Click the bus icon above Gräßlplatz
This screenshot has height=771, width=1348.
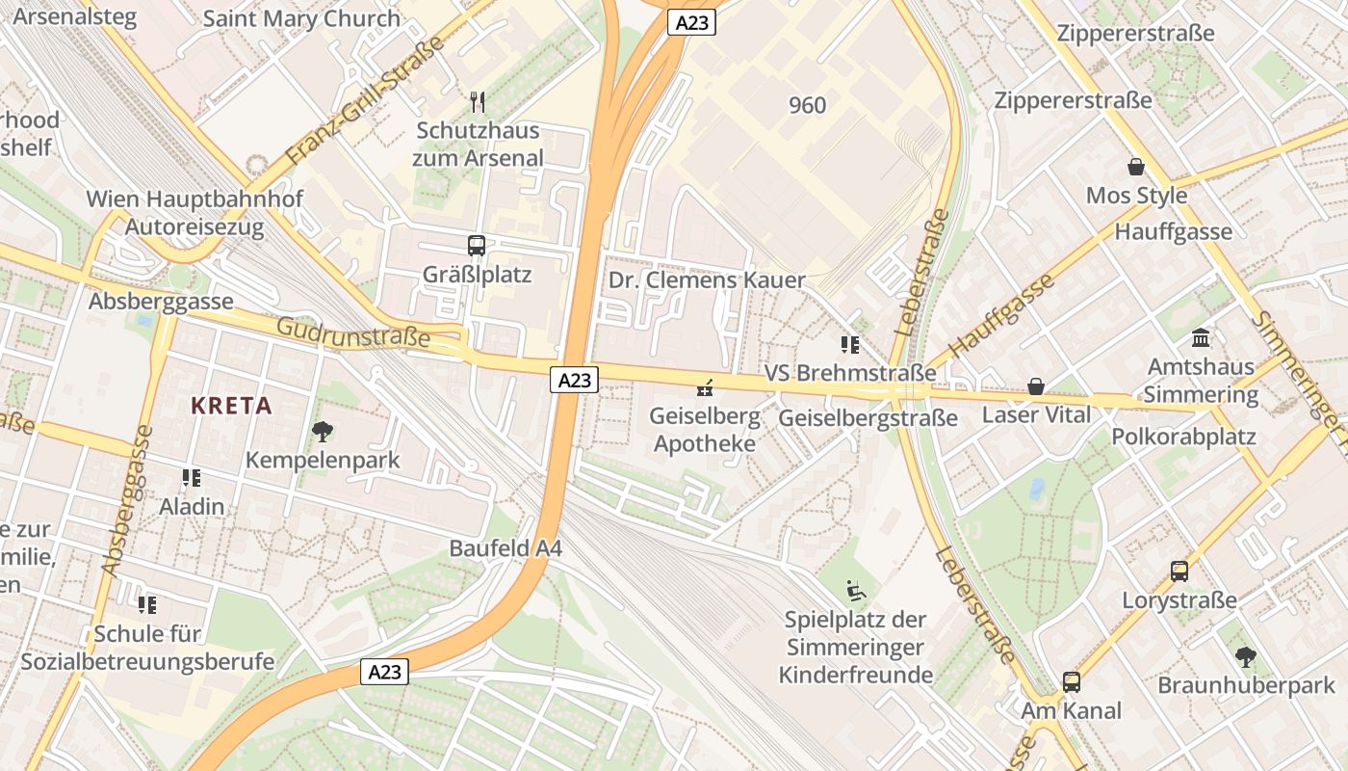[x=476, y=246]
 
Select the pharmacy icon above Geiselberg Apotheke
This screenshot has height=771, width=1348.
[x=705, y=388]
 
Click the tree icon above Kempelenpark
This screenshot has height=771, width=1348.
[x=322, y=432]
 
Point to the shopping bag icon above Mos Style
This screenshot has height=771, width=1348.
[x=1136, y=167]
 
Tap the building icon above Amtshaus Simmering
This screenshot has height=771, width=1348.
[x=1201, y=338]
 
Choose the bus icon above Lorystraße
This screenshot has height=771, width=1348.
[x=1179, y=572]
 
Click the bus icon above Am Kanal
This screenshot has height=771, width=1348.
[x=1071, y=682]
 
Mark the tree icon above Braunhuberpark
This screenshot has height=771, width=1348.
[x=1246, y=657]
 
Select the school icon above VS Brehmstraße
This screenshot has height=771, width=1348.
[x=849, y=344]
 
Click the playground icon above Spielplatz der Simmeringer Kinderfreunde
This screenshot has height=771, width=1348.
[x=855, y=590]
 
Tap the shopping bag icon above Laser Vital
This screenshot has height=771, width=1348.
[x=1036, y=386]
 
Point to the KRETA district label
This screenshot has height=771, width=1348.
[x=231, y=406]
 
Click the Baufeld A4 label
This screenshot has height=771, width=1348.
[x=505, y=548]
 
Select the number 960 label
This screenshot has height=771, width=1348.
[x=807, y=105]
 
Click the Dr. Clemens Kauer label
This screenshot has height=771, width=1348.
[x=707, y=280]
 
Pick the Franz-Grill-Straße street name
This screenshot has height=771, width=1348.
[x=366, y=100]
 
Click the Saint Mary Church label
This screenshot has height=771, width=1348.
[x=301, y=18]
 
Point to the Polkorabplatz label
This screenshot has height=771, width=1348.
[x=1183, y=437]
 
